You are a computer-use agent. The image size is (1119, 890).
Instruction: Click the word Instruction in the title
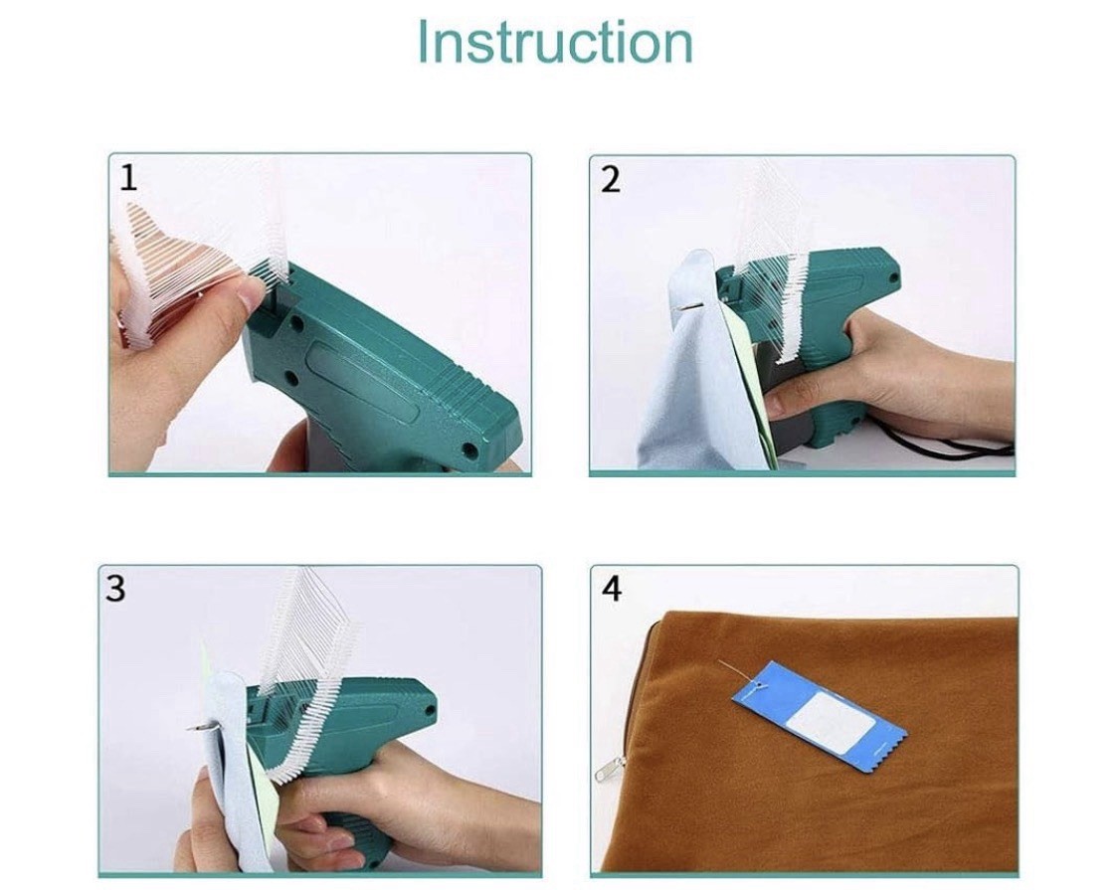[554, 42]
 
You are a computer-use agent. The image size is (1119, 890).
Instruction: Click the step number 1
[128, 178]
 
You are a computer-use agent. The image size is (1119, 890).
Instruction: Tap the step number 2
[610, 180]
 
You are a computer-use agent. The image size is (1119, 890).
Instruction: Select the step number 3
[115, 588]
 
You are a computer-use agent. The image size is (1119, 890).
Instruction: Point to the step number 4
[612, 589]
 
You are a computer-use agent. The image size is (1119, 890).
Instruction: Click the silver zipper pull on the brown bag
[608, 769]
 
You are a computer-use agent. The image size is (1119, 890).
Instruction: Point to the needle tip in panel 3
[189, 728]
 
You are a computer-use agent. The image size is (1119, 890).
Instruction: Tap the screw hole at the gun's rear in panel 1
[469, 449]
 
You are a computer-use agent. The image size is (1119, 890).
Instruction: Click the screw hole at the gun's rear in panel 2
[892, 277]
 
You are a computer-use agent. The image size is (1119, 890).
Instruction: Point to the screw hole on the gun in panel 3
[431, 709]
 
